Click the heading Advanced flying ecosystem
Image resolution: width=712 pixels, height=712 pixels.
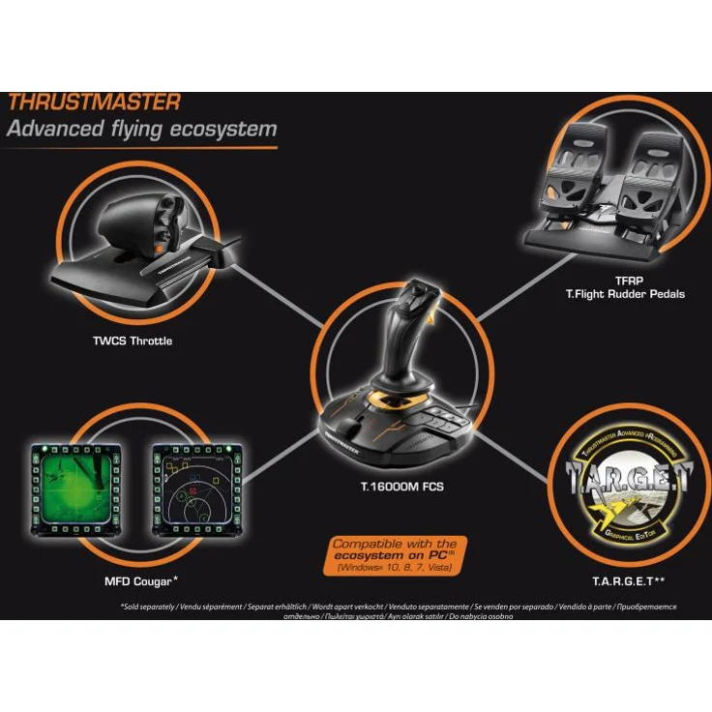(141, 129)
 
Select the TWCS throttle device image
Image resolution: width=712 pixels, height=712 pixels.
(144, 242)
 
